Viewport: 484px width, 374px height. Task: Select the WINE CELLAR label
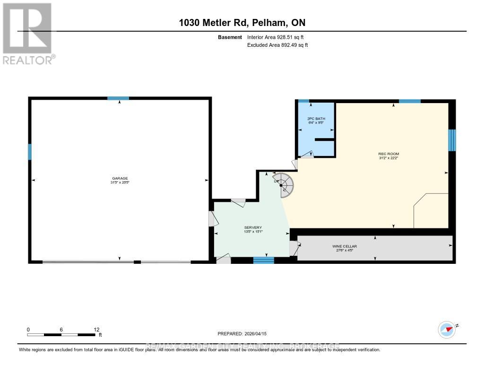point(345,246)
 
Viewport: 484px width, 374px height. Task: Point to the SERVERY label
point(253,227)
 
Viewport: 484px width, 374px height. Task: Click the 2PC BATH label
point(316,119)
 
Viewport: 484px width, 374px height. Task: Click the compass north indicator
point(446,329)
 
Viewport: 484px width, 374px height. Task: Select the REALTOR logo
point(27,33)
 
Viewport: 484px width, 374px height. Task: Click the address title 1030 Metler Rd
point(242,23)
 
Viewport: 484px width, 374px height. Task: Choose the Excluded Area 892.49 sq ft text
point(277,45)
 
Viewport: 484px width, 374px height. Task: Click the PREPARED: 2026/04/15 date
point(242,333)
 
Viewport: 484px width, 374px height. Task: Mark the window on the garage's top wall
point(118,98)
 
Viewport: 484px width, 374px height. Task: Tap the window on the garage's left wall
point(30,152)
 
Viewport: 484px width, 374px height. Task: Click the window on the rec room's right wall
point(452,139)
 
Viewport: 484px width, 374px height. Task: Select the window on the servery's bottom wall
point(263,260)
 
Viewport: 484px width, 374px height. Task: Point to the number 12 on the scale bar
point(96,330)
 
